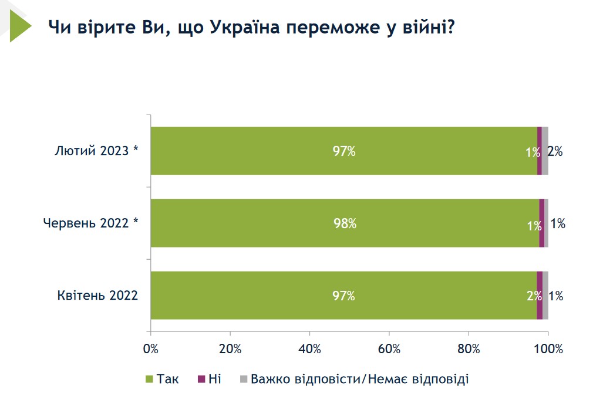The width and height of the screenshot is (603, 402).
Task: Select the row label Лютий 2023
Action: click(96, 151)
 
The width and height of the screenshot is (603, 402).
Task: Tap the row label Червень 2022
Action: click(91, 223)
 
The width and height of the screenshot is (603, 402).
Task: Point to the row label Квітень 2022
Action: click(97, 296)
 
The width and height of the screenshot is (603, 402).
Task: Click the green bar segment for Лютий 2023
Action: click(343, 151)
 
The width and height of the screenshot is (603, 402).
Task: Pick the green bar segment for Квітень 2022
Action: click(343, 296)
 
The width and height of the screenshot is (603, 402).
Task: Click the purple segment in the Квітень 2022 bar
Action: click(540, 296)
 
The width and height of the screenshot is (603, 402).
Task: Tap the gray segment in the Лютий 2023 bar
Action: click(545, 151)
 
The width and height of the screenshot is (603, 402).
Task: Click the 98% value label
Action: click(345, 224)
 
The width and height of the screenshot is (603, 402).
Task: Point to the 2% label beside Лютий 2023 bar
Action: click(555, 152)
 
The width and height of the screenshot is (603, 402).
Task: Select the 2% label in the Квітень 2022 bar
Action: click(533, 296)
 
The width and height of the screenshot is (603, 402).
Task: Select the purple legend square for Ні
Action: click(201, 379)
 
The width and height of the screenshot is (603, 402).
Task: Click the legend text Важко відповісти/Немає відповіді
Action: click(359, 379)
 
